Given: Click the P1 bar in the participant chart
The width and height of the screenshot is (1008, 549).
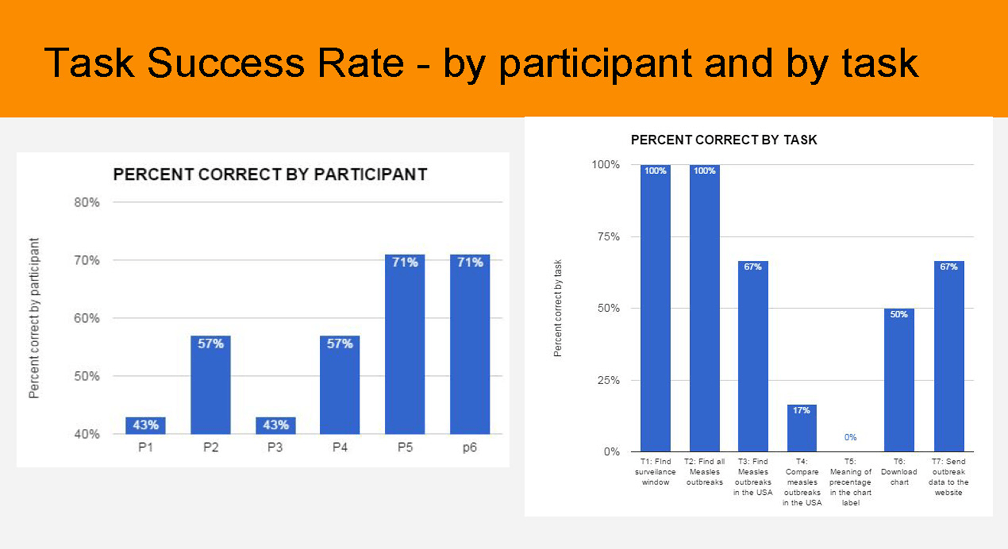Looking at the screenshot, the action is pos(145,425).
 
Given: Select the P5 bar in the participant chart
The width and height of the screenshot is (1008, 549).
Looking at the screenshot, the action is pos(405,344).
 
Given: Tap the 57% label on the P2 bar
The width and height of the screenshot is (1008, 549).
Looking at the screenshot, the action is pos(211,344).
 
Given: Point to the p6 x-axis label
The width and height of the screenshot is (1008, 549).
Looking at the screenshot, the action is pos(470,448).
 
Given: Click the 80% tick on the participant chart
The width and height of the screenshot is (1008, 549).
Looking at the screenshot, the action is pos(87,203).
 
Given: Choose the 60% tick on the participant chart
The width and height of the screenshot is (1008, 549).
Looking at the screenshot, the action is pos(87,318).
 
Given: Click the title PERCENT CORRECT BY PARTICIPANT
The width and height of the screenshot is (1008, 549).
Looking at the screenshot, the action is pos(270,174).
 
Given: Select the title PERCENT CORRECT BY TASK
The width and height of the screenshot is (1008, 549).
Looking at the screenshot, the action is pos(724,140).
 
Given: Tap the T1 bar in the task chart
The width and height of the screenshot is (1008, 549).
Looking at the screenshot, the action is pos(655,308).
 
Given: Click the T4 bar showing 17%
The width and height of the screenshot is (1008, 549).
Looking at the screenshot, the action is pos(802,428).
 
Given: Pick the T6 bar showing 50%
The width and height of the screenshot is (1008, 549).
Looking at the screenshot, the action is pos(899,380).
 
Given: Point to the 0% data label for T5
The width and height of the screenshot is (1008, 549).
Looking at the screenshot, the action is pos(850,437).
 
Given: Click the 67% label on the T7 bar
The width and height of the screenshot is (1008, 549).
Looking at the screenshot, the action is pos(949,267).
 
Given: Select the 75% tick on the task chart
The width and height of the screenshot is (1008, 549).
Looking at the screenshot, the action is pos(608,237).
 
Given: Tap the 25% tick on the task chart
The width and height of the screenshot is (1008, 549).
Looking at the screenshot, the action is pos(608,380).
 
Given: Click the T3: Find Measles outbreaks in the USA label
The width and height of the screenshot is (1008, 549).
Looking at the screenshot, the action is pos(753,477).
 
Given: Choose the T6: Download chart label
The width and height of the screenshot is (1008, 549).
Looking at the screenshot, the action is pos(899,471).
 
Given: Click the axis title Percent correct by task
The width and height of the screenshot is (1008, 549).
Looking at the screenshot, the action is pos(558,308).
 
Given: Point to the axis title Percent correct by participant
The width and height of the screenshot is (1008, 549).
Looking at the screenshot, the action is pos(34,318).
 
